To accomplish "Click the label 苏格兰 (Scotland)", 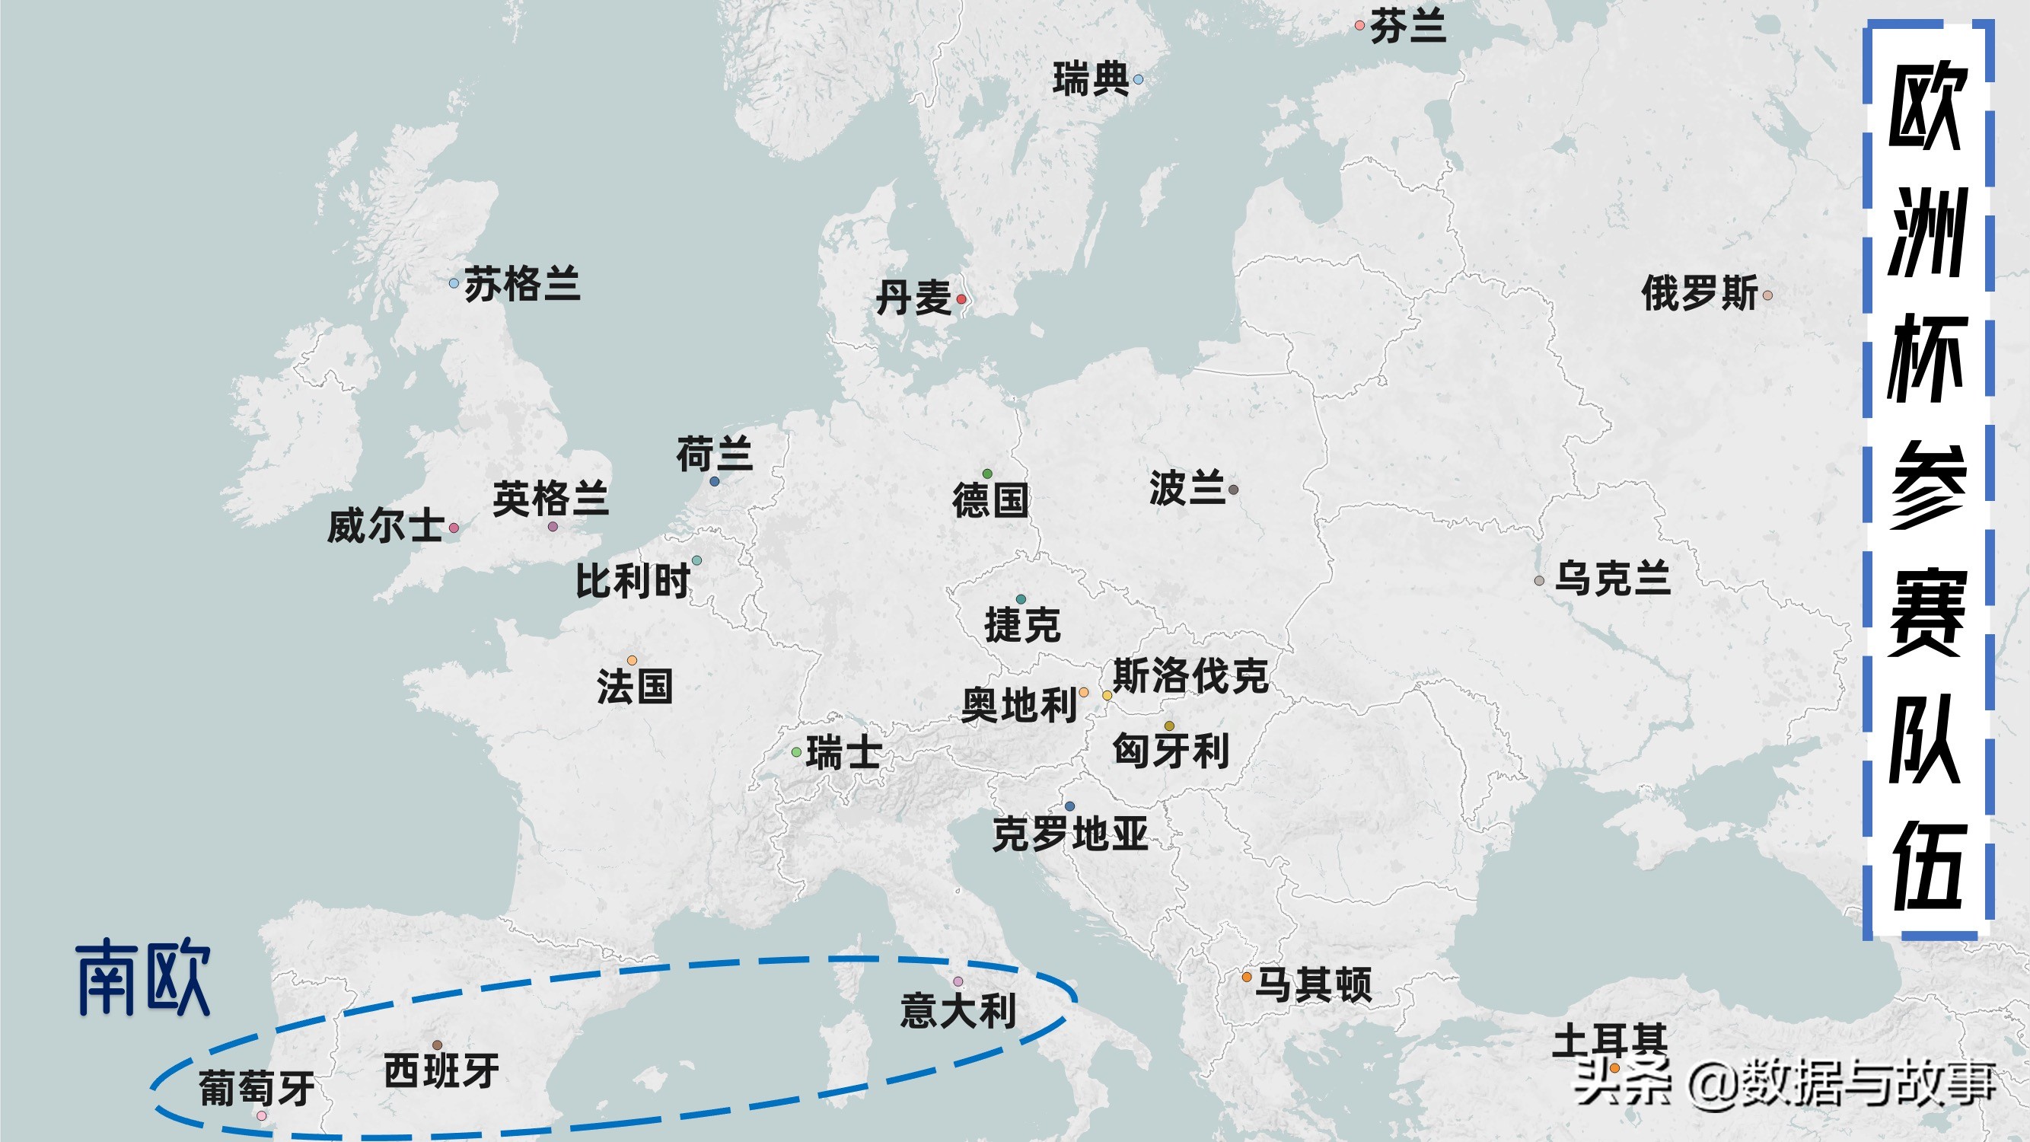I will (522, 284).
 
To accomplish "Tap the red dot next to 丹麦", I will (961, 299).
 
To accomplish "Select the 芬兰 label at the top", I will (1408, 27).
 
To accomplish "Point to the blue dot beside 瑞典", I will (1138, 80).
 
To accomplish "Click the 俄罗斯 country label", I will (1700, 293).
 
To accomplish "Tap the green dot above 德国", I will (987, 474).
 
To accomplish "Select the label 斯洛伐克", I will (1190, 676).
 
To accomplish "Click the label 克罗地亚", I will (1070, 834).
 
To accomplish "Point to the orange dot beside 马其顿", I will (1247, 978).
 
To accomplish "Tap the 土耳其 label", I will (1610, 1040).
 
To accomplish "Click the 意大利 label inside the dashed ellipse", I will (958, 1010).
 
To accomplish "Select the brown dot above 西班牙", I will (438, 1045).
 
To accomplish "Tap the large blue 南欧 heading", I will (143, 978).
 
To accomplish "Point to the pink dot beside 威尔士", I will (454, 528).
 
